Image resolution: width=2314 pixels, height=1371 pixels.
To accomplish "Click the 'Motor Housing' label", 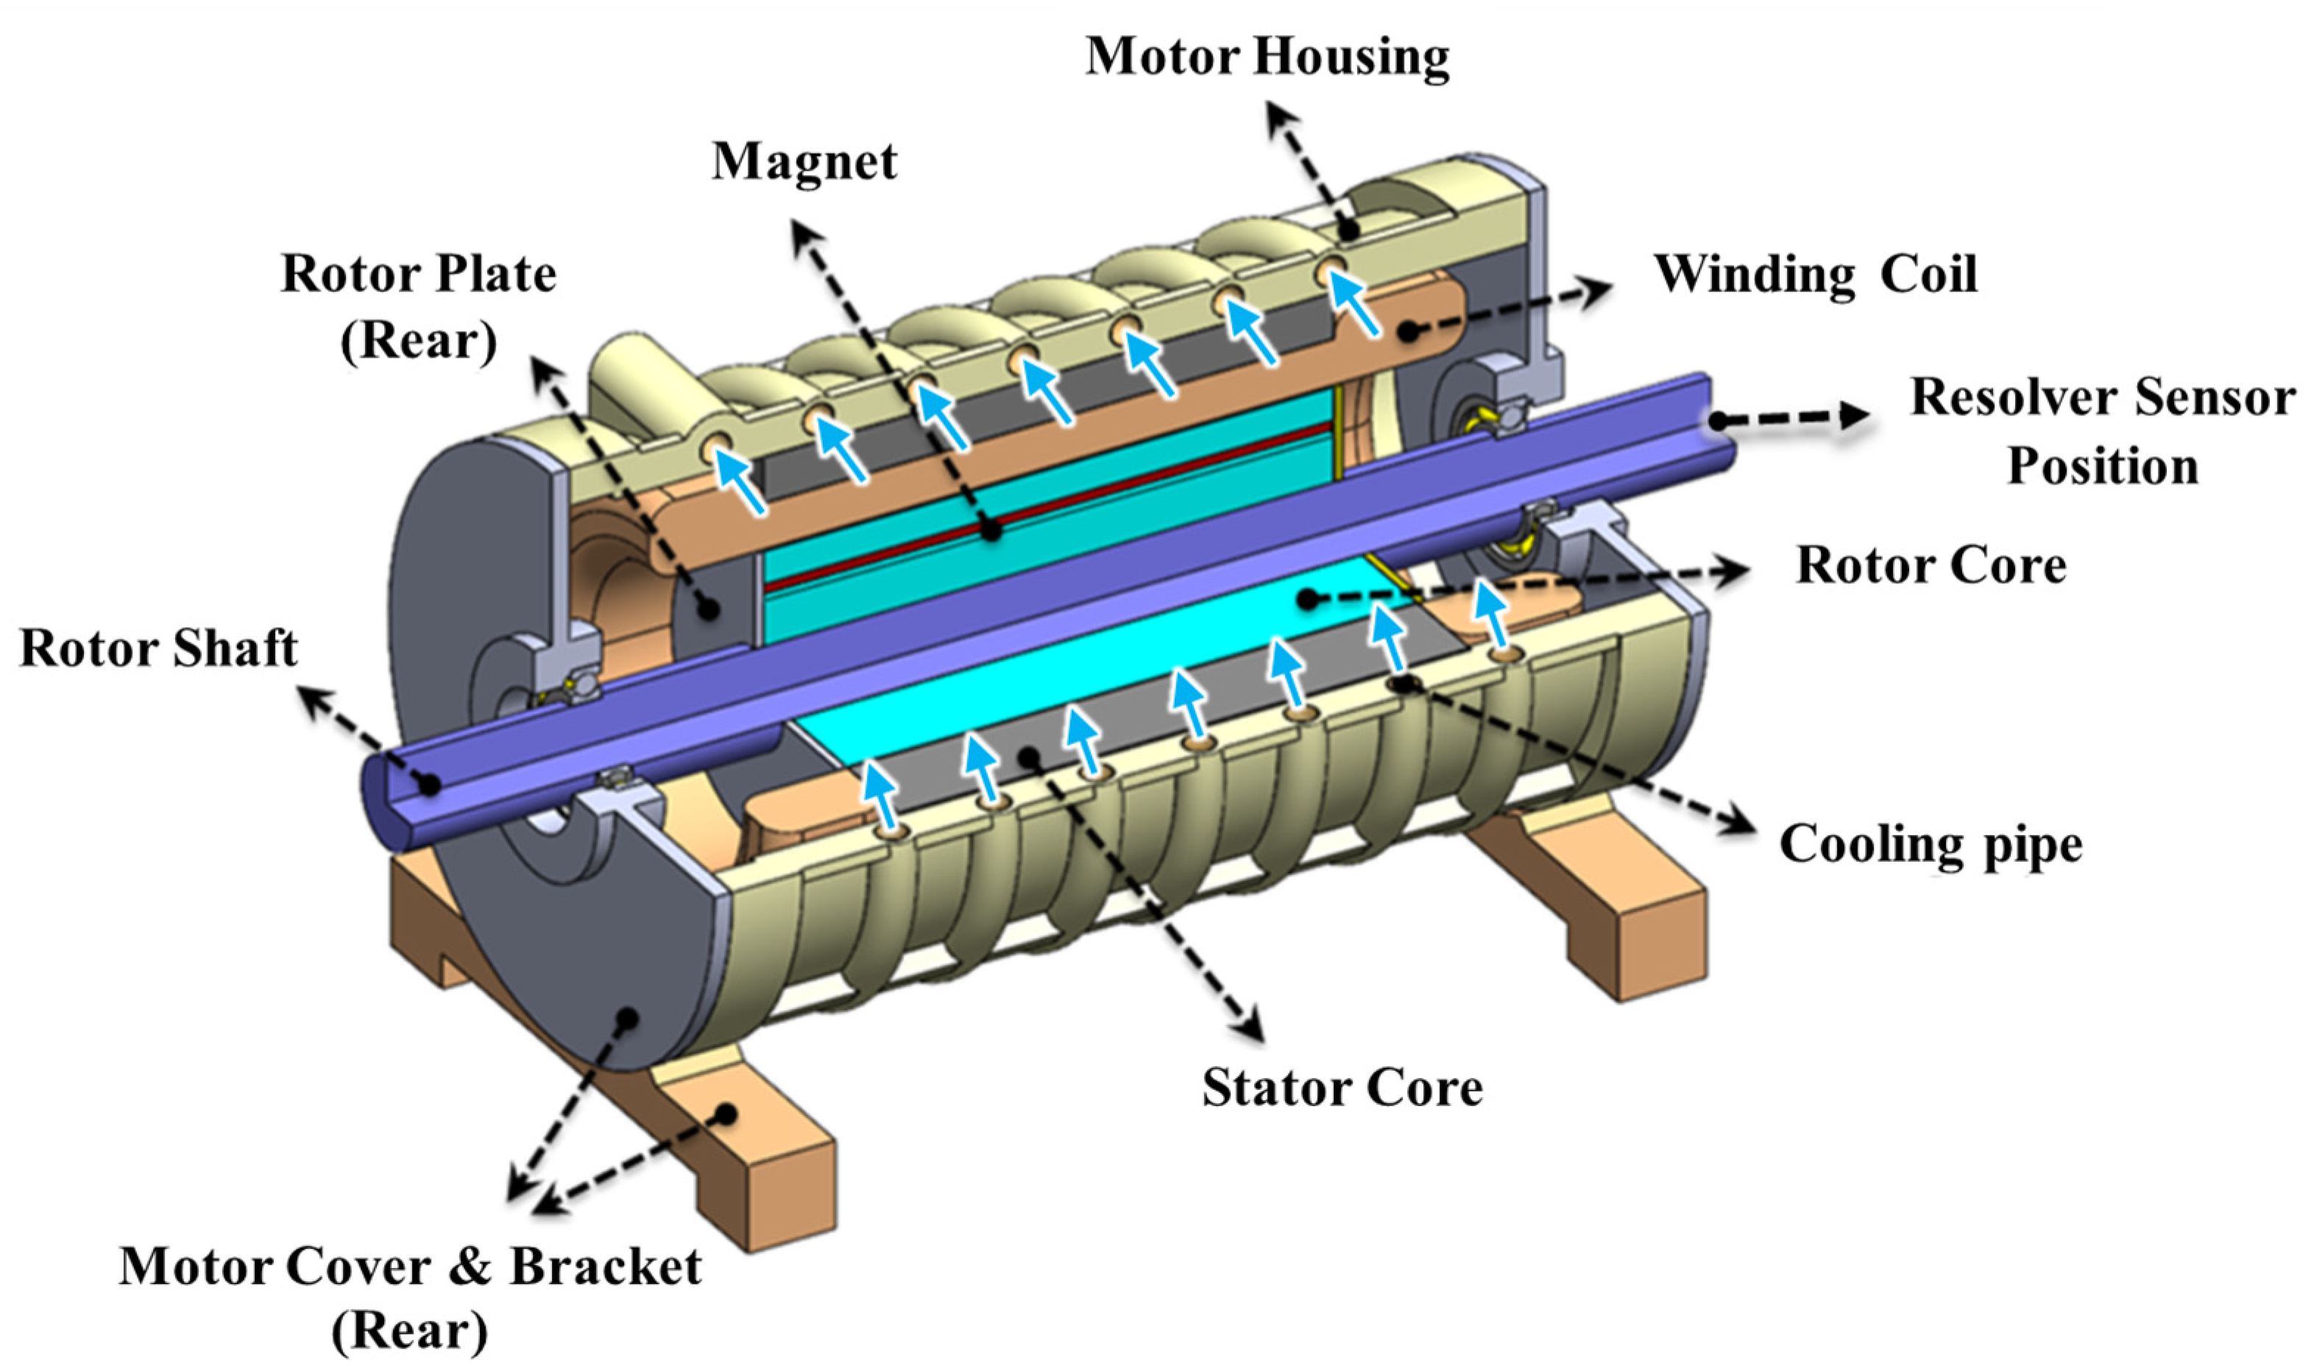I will (x=1267, y=57).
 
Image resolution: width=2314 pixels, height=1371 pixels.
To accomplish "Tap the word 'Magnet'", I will (x=804, y=163).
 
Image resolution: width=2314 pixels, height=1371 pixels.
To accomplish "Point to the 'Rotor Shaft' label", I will (x=158, y=648).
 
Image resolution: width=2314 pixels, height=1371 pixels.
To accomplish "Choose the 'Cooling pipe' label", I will (x=1931, y=844).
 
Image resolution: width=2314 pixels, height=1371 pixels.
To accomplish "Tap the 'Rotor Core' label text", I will (x=1931, y=565).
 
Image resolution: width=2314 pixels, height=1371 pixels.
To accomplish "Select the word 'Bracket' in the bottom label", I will (x=605, y=1267).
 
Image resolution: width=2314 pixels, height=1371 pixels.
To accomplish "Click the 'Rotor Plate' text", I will (x=419, y=274).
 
